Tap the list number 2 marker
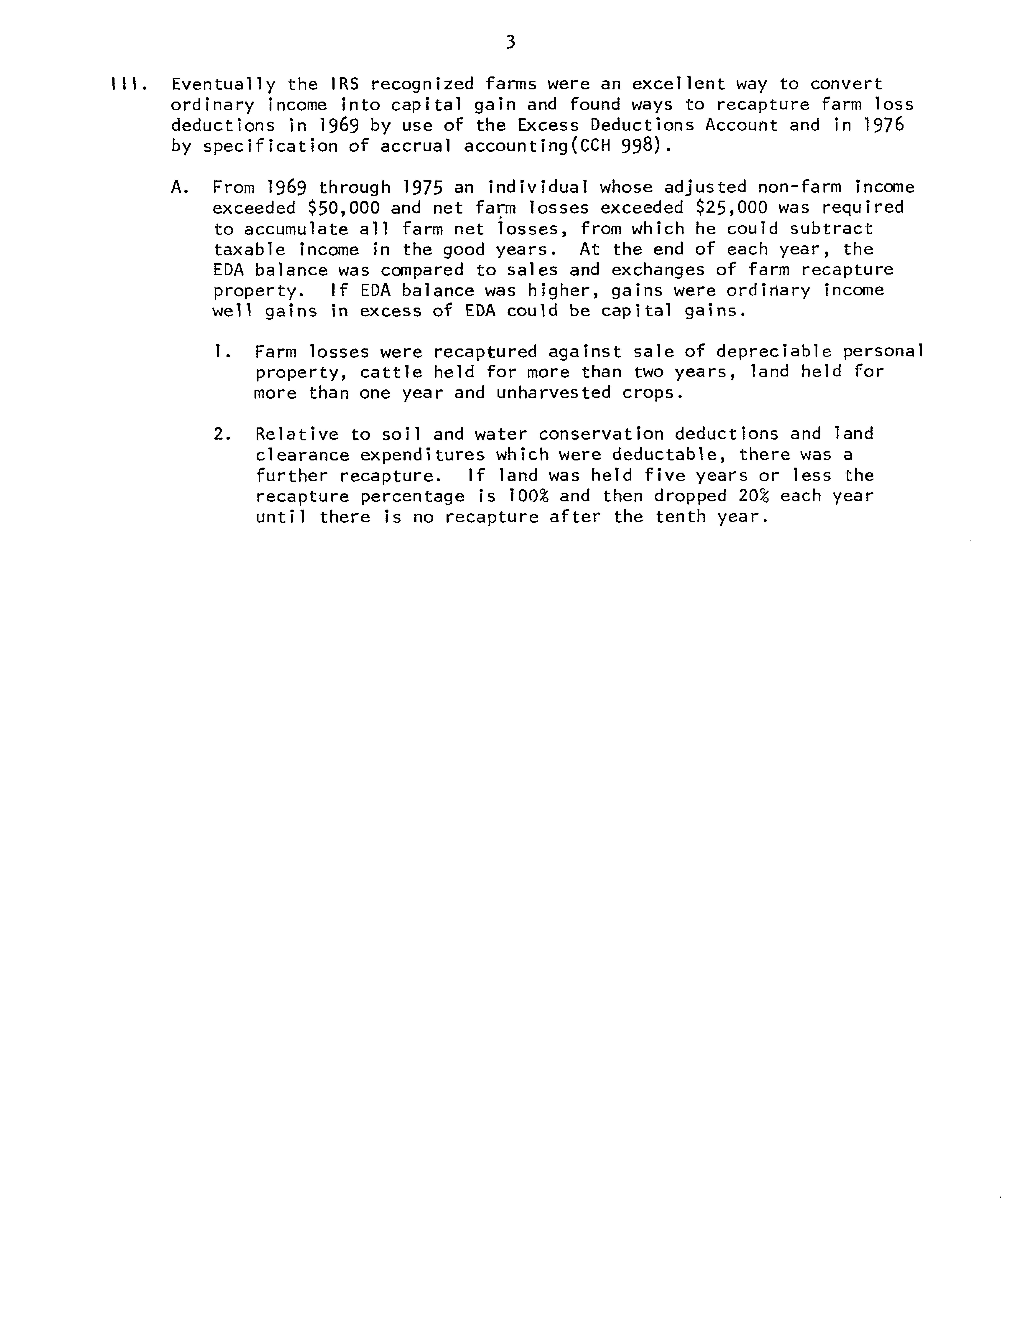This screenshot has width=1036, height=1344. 222,435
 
